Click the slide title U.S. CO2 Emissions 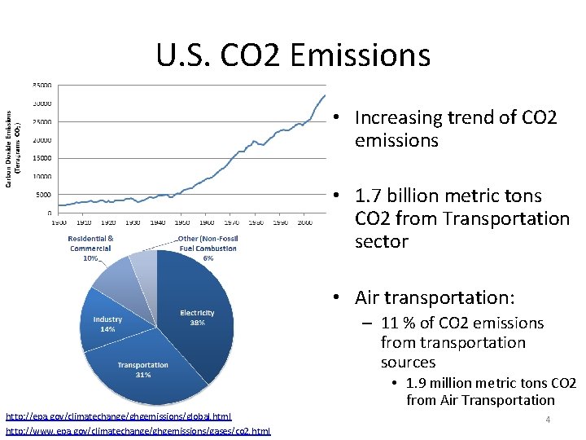click(x=293, y=55)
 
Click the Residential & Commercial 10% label click(x=90, y=248)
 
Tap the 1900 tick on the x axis click(x=59, y=222)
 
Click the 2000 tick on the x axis click(x=305, y=222)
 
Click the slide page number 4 click(x=548, y=420)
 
